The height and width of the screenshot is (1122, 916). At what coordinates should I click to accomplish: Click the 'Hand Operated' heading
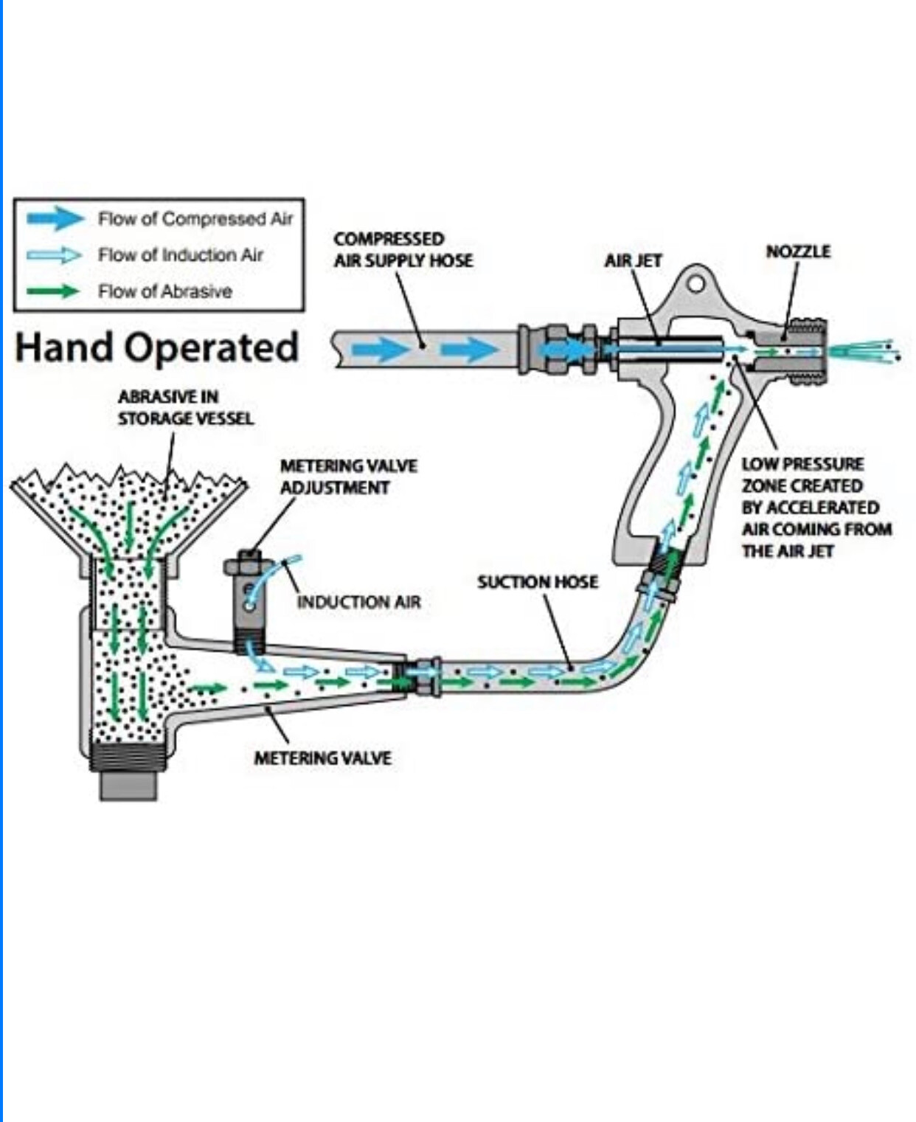click(x=156, y=347)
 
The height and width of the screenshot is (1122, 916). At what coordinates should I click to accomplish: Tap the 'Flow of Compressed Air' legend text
click(x=195, y=219)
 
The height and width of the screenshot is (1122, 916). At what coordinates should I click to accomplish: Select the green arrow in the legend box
click(x=53, y=291)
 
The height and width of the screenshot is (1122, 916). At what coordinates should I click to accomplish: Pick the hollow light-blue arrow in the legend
click(x=55, y=255)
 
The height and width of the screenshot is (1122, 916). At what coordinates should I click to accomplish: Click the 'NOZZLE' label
click(x=798, y=252)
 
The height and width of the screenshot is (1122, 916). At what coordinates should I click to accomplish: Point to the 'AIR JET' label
click(x=634, y=260)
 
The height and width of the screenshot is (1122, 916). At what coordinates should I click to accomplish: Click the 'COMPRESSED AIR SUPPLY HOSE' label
click(x=403, y=249)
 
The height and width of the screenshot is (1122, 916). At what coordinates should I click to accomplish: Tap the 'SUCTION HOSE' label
click(x=538, y=582)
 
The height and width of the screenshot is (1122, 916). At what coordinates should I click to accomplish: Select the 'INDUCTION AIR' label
click(x=358, y=602)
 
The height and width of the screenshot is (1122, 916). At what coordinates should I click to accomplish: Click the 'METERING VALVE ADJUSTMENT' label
click(x=348, y=477)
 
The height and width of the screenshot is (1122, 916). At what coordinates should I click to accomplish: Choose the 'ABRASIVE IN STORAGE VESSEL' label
click(x=186, y=407)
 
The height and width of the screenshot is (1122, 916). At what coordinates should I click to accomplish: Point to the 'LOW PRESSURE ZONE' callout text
click(x=816, y=508)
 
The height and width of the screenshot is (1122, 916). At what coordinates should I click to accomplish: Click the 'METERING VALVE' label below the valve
click(x=322, y=758)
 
